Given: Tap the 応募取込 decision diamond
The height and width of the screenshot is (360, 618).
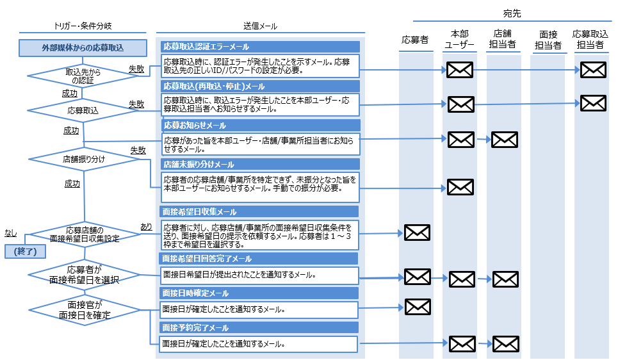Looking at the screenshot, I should click(84, 110).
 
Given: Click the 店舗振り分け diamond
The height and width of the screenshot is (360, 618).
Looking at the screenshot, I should click(84, 158).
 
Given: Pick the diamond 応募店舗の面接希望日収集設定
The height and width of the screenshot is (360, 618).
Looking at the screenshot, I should click(85, 234).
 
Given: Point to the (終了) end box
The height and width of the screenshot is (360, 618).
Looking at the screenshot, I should click(22, 252).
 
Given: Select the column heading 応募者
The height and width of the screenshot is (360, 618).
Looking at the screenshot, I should click(414, 40).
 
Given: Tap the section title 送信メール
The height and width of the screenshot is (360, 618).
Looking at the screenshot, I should click(260, 26).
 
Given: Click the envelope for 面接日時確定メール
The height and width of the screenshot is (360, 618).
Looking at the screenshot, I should click(418, 307).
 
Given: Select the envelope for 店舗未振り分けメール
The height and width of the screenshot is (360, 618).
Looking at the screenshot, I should click(460, 187).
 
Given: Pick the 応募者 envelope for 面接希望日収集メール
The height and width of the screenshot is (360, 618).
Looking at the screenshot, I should click(418, 233).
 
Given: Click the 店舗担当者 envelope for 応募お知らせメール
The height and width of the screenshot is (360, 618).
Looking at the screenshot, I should click(504, 139).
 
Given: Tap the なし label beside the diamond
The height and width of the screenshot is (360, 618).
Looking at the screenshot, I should click(11, 233).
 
